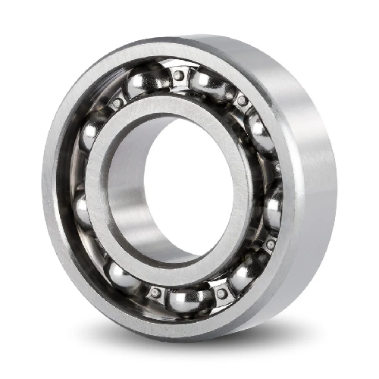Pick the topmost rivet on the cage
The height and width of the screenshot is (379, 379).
(178, 75)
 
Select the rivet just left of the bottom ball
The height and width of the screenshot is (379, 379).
(155, 292)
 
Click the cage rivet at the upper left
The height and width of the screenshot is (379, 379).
(117, 102)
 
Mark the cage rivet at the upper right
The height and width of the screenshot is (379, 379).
(242, 99)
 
